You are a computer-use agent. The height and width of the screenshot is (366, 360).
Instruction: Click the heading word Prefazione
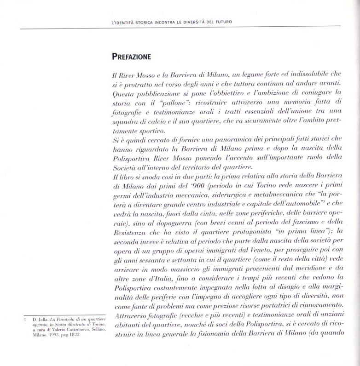[x=131, y=57]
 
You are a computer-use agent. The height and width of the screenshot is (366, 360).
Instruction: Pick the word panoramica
[x=228, y=141]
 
